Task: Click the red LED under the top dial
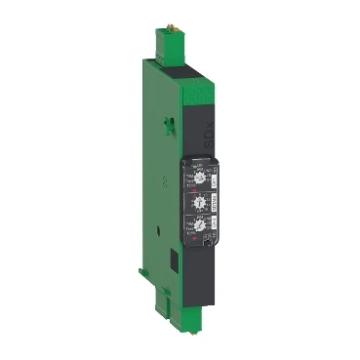[195, 189]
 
